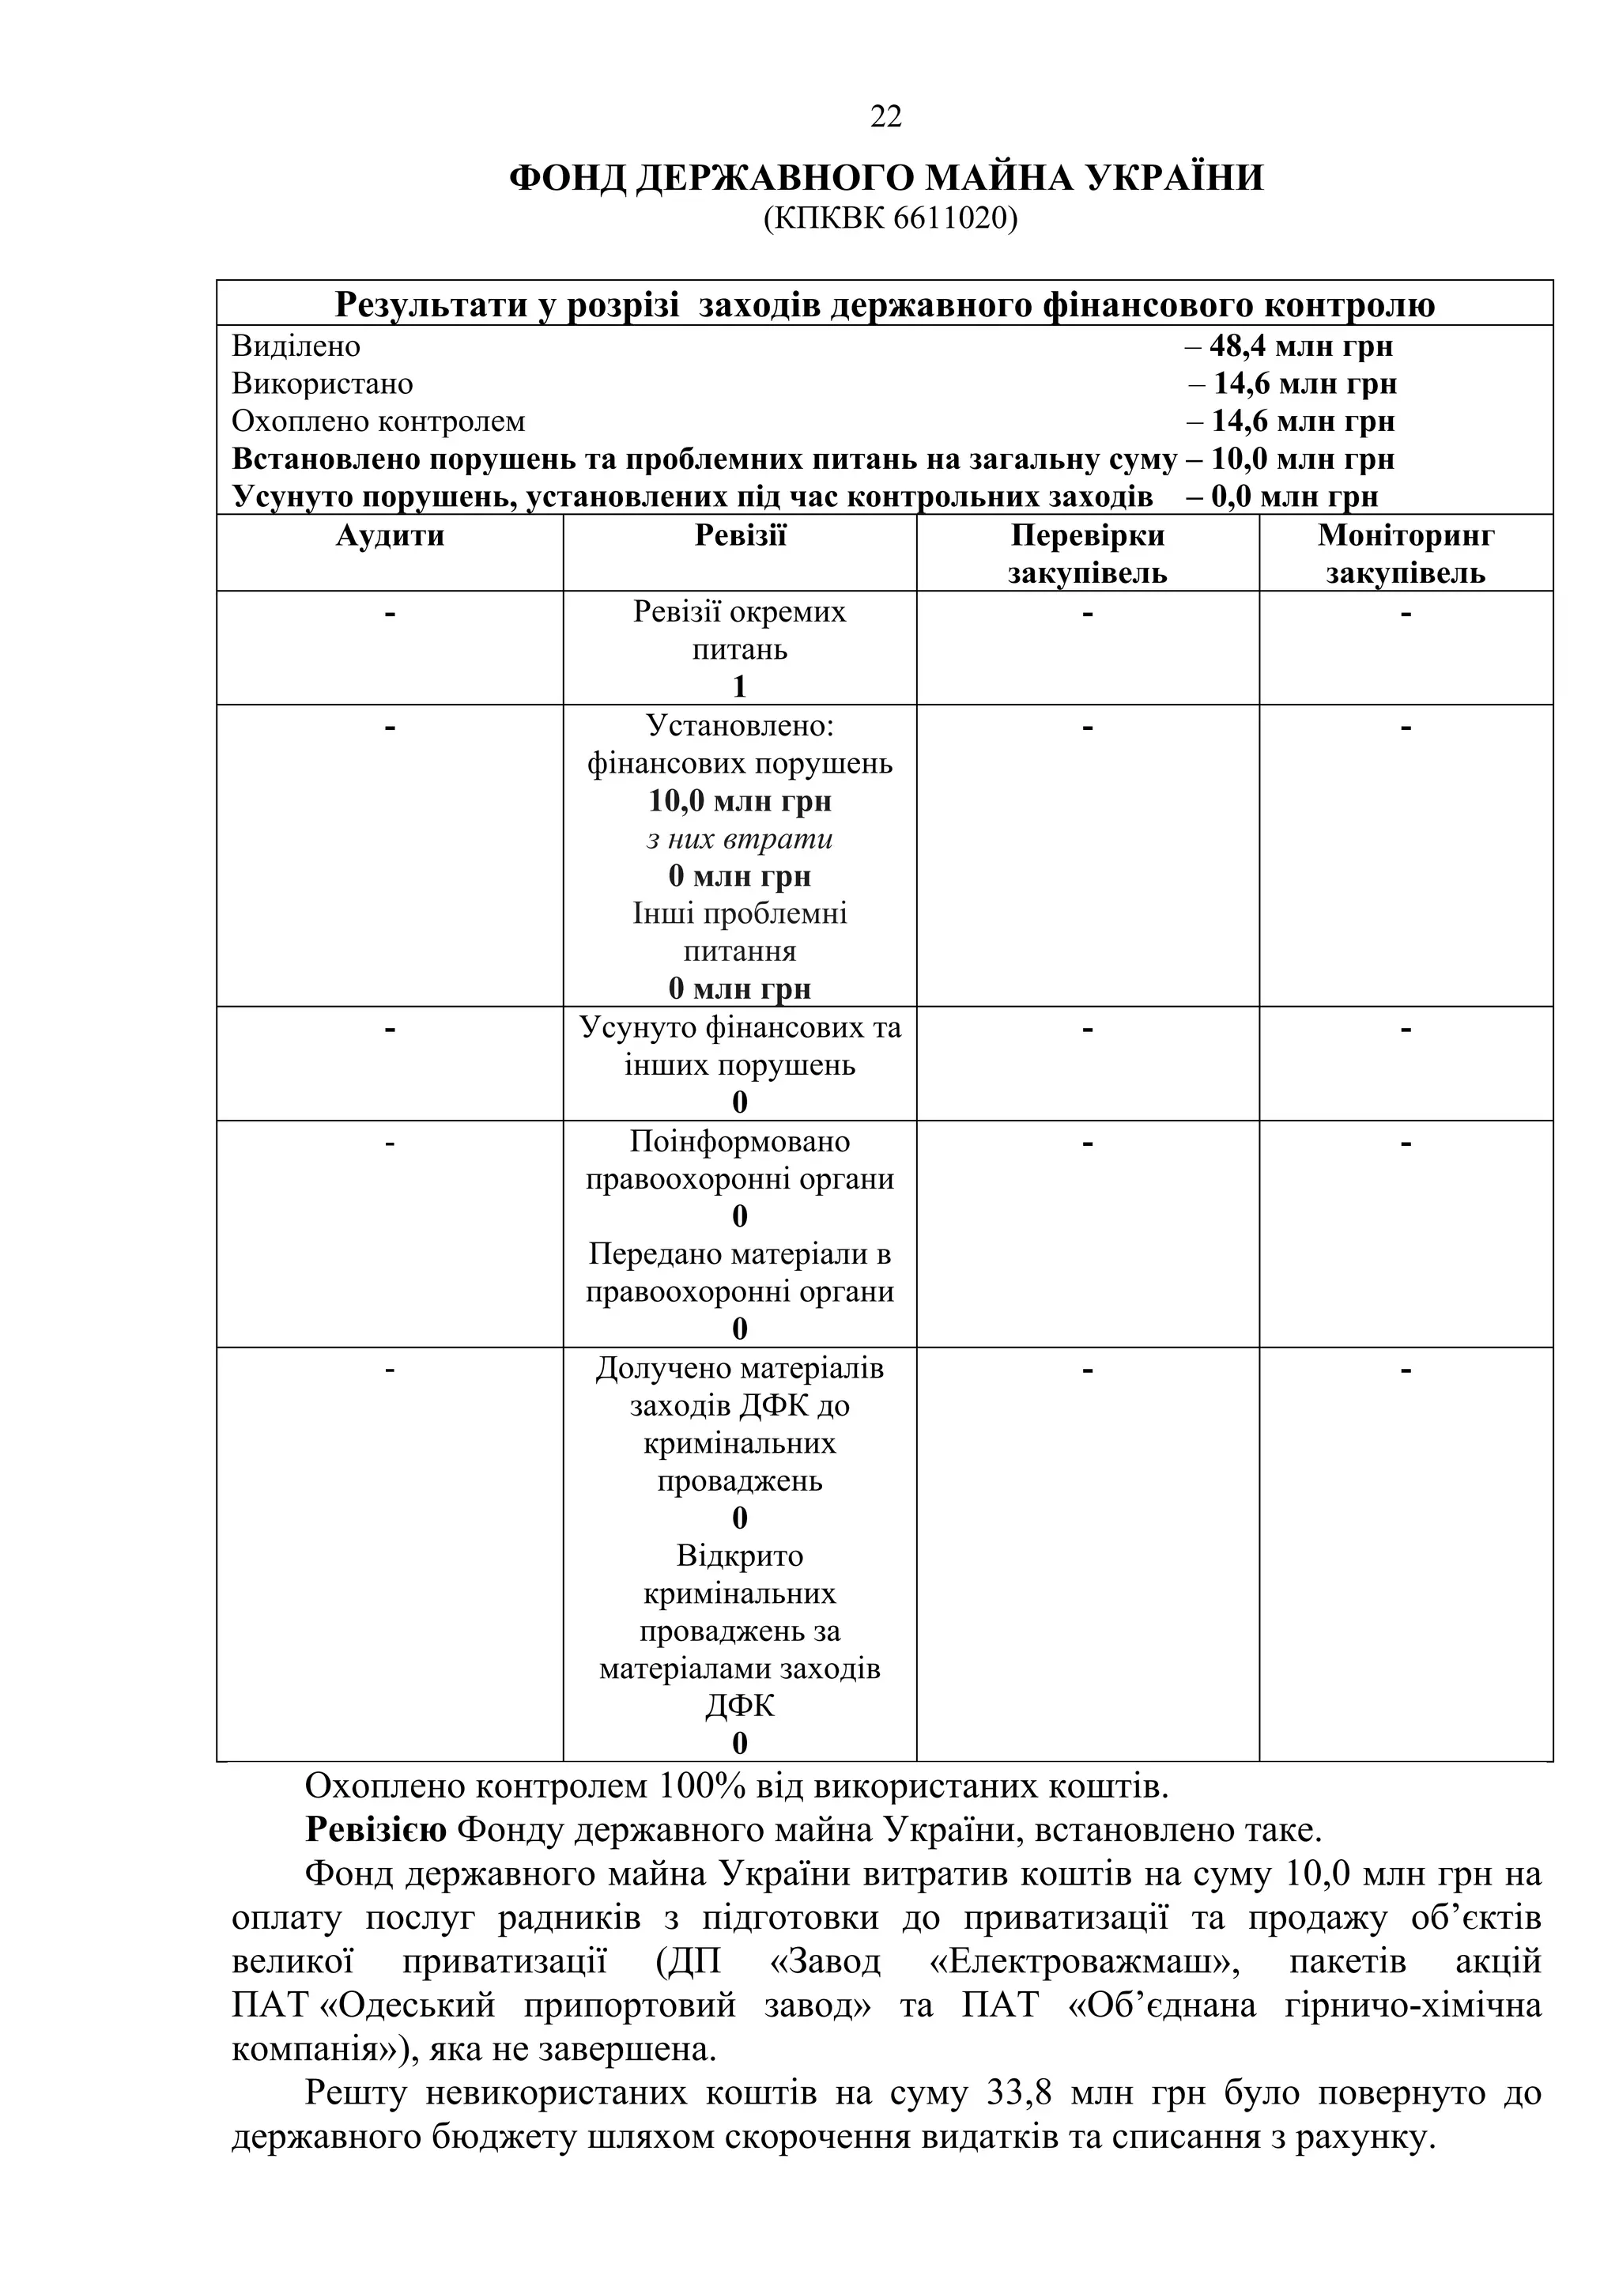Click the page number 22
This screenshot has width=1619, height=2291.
(886, 118)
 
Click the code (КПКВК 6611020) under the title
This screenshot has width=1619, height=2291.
(890, 218)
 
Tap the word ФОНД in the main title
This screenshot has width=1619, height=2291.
(568, 179)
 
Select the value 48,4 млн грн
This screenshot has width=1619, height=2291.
(1300, 346)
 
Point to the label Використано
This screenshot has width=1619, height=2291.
(323, 384)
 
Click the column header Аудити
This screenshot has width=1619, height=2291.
(389, 536)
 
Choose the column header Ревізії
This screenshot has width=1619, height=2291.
(740, 536)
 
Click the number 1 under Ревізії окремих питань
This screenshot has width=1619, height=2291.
(739, 686)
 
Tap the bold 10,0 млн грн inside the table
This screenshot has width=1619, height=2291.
(740, 801)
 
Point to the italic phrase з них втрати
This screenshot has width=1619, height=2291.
(740, 839)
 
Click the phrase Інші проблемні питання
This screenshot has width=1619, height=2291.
(740, 932)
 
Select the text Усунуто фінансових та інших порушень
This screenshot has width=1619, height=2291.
(740, 1045)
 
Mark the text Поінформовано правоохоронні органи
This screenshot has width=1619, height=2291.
(740, 1159)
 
